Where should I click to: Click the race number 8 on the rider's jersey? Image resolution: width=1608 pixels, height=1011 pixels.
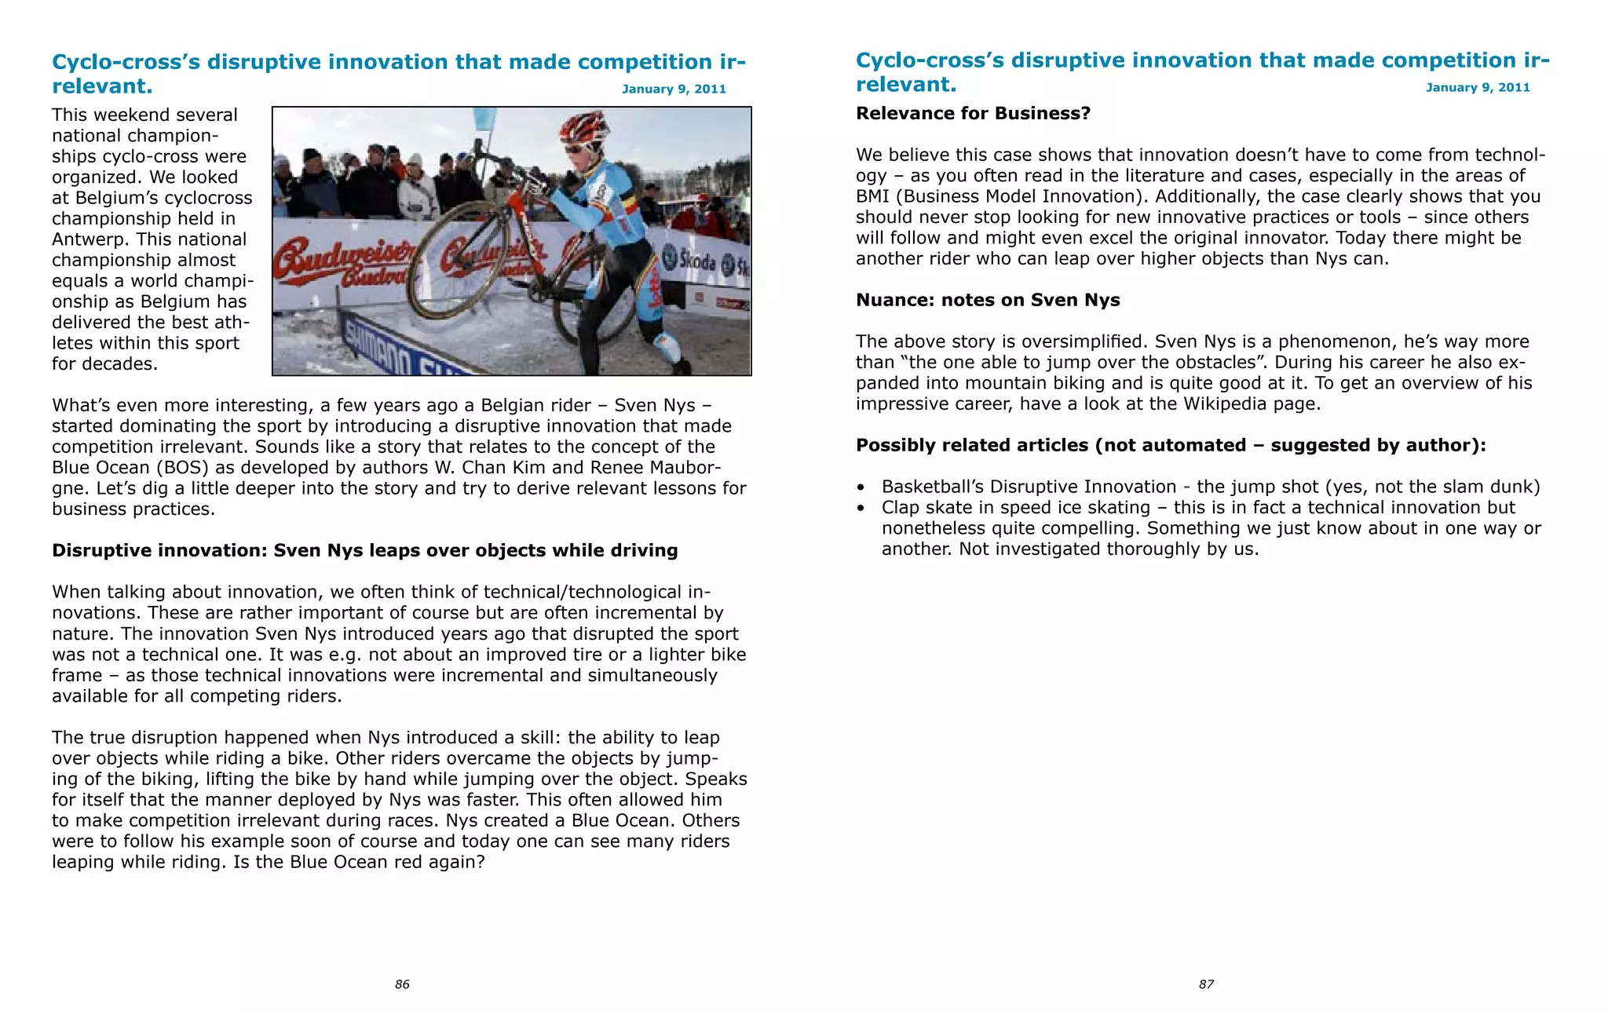point(601,191)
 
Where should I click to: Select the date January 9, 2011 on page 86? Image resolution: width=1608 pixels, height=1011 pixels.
point(674,89)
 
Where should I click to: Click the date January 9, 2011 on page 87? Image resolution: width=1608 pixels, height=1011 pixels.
point(1478,88)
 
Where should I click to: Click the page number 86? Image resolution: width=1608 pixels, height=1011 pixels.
point(402,984)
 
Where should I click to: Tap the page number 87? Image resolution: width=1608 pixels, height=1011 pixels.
point(1206,984)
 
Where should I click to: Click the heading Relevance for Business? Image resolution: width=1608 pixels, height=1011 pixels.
point(973,114)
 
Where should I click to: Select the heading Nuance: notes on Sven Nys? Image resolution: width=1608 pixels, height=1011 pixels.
point(988,301)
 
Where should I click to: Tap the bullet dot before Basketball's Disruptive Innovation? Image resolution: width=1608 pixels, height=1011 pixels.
point(861,487)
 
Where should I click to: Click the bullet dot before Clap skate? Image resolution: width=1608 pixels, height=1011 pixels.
point(861,509)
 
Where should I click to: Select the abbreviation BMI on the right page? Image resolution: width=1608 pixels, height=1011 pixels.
point(872,197)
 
